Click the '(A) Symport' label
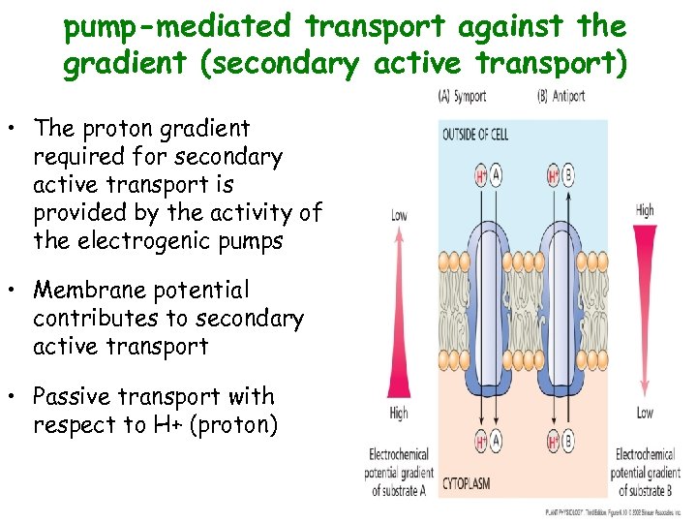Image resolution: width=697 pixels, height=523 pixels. click(462, 97)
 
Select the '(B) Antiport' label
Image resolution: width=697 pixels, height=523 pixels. click(561, 97)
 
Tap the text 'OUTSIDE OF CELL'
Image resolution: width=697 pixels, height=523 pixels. click(474, 134)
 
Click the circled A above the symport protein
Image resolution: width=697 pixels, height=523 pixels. click(498, 176)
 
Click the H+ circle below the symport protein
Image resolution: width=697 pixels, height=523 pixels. click(481, 442)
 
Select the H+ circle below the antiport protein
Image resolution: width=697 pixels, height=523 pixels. click(554, 442)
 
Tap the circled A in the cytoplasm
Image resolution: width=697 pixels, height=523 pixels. click(498, 442)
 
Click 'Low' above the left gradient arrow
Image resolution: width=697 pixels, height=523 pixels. click(399, 215)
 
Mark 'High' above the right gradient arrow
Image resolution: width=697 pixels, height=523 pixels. click(645, 210)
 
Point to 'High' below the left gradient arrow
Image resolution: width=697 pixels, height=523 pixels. click(399, 414)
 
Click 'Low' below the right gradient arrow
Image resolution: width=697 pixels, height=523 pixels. click(645, 414)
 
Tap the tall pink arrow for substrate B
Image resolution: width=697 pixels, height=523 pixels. click(645, 310)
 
